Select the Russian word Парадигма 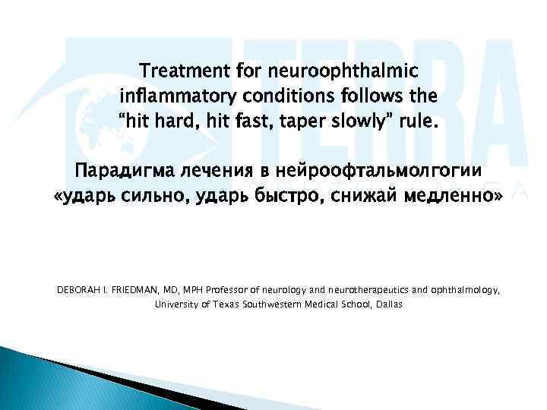119,172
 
